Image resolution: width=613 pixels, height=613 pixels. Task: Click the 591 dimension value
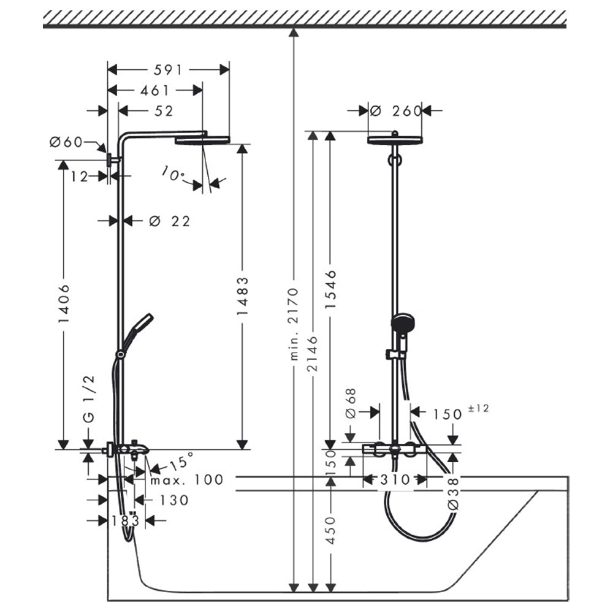[x=168, y=70]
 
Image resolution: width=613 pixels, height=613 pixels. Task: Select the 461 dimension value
[x=155, y=91]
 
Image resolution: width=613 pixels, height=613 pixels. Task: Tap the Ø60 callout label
[x=66, y=142]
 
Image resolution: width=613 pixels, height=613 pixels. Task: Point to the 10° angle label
[x=173, y=173]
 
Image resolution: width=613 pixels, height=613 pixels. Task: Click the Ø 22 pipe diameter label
[x=170, y=221]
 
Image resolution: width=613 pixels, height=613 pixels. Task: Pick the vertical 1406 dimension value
[x=63, y=304]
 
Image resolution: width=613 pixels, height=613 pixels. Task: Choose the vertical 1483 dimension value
[x=242, y=296]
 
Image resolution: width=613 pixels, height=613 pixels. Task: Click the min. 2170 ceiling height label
[x=294, y=324]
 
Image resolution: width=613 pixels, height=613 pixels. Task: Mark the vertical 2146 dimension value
[x=313, y=353]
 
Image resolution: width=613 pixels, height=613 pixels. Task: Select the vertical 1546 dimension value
[x=331, y=289]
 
